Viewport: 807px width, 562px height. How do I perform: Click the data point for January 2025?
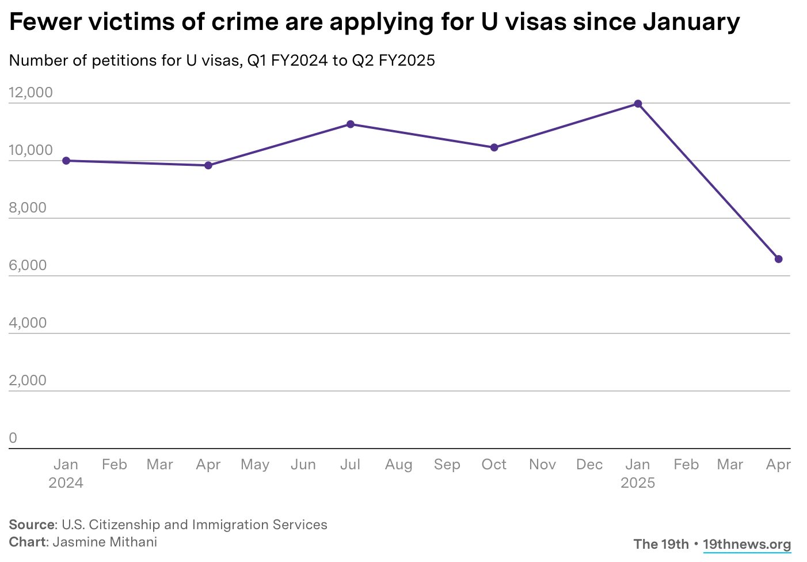click(638, 104)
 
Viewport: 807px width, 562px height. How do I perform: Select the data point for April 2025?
click(778, 259)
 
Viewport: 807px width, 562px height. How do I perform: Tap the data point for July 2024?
click(350, 124)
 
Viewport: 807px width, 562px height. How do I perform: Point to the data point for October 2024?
click(494, 147)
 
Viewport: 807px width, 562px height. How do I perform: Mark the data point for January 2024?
click(66, 161)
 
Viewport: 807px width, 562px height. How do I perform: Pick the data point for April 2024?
click(208, 165)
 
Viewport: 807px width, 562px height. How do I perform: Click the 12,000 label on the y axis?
click(31, 93)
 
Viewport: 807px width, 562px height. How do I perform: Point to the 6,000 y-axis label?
click(28, 265)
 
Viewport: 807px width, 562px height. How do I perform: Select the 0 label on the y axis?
click(13, 438)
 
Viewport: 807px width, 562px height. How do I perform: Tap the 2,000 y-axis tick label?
click(28, 381)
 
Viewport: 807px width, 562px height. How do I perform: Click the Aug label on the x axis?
click(398, 465)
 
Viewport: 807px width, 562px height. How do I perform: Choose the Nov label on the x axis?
click(542, 465)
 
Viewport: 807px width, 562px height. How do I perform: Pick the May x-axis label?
click(255, 465)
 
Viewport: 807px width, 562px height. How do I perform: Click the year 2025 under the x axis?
click(638, 483)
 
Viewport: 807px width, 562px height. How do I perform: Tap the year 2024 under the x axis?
click(66, 483)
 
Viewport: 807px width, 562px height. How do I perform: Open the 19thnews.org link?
click(747, 544)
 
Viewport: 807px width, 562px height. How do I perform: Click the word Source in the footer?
click(32, 525)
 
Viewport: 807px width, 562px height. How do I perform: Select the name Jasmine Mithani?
click(105, 542)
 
